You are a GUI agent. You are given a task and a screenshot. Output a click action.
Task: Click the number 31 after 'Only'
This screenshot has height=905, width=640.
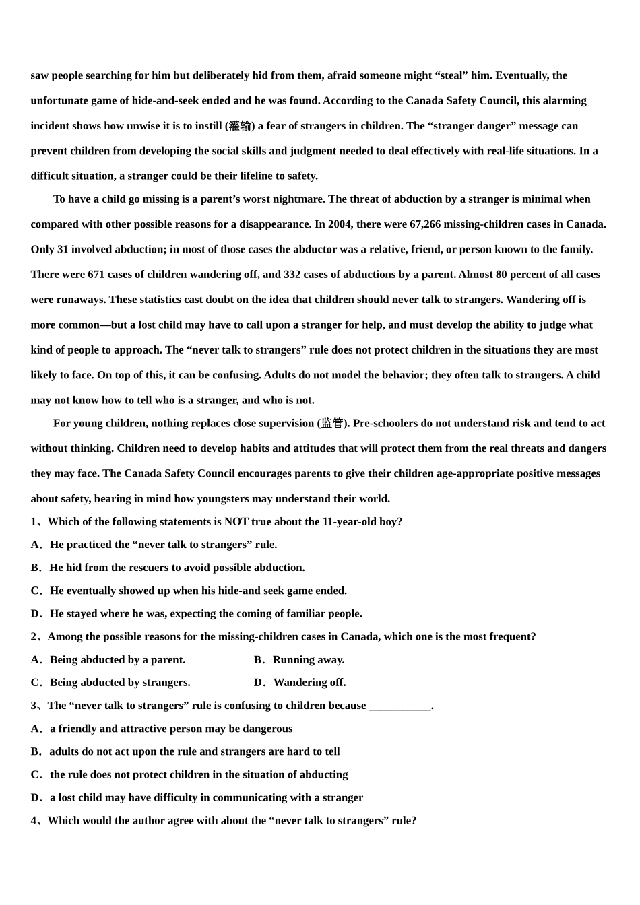point(63,249)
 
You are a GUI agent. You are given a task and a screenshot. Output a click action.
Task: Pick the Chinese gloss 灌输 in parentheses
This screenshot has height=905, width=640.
point(240,126)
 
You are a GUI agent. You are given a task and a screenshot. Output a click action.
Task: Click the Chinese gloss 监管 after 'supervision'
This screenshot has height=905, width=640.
point(332,424)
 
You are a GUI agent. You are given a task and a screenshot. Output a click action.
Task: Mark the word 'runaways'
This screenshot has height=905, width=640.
point(80,300)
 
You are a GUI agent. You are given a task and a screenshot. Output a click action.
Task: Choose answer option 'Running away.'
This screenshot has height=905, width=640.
point(308,660)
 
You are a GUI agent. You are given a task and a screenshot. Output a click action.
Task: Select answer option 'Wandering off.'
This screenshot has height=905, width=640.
point(309,683)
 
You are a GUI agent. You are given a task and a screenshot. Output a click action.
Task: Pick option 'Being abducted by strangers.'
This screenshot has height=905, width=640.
point(120,683)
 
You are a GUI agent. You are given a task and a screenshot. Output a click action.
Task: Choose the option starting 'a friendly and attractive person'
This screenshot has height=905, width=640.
point(171,729)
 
